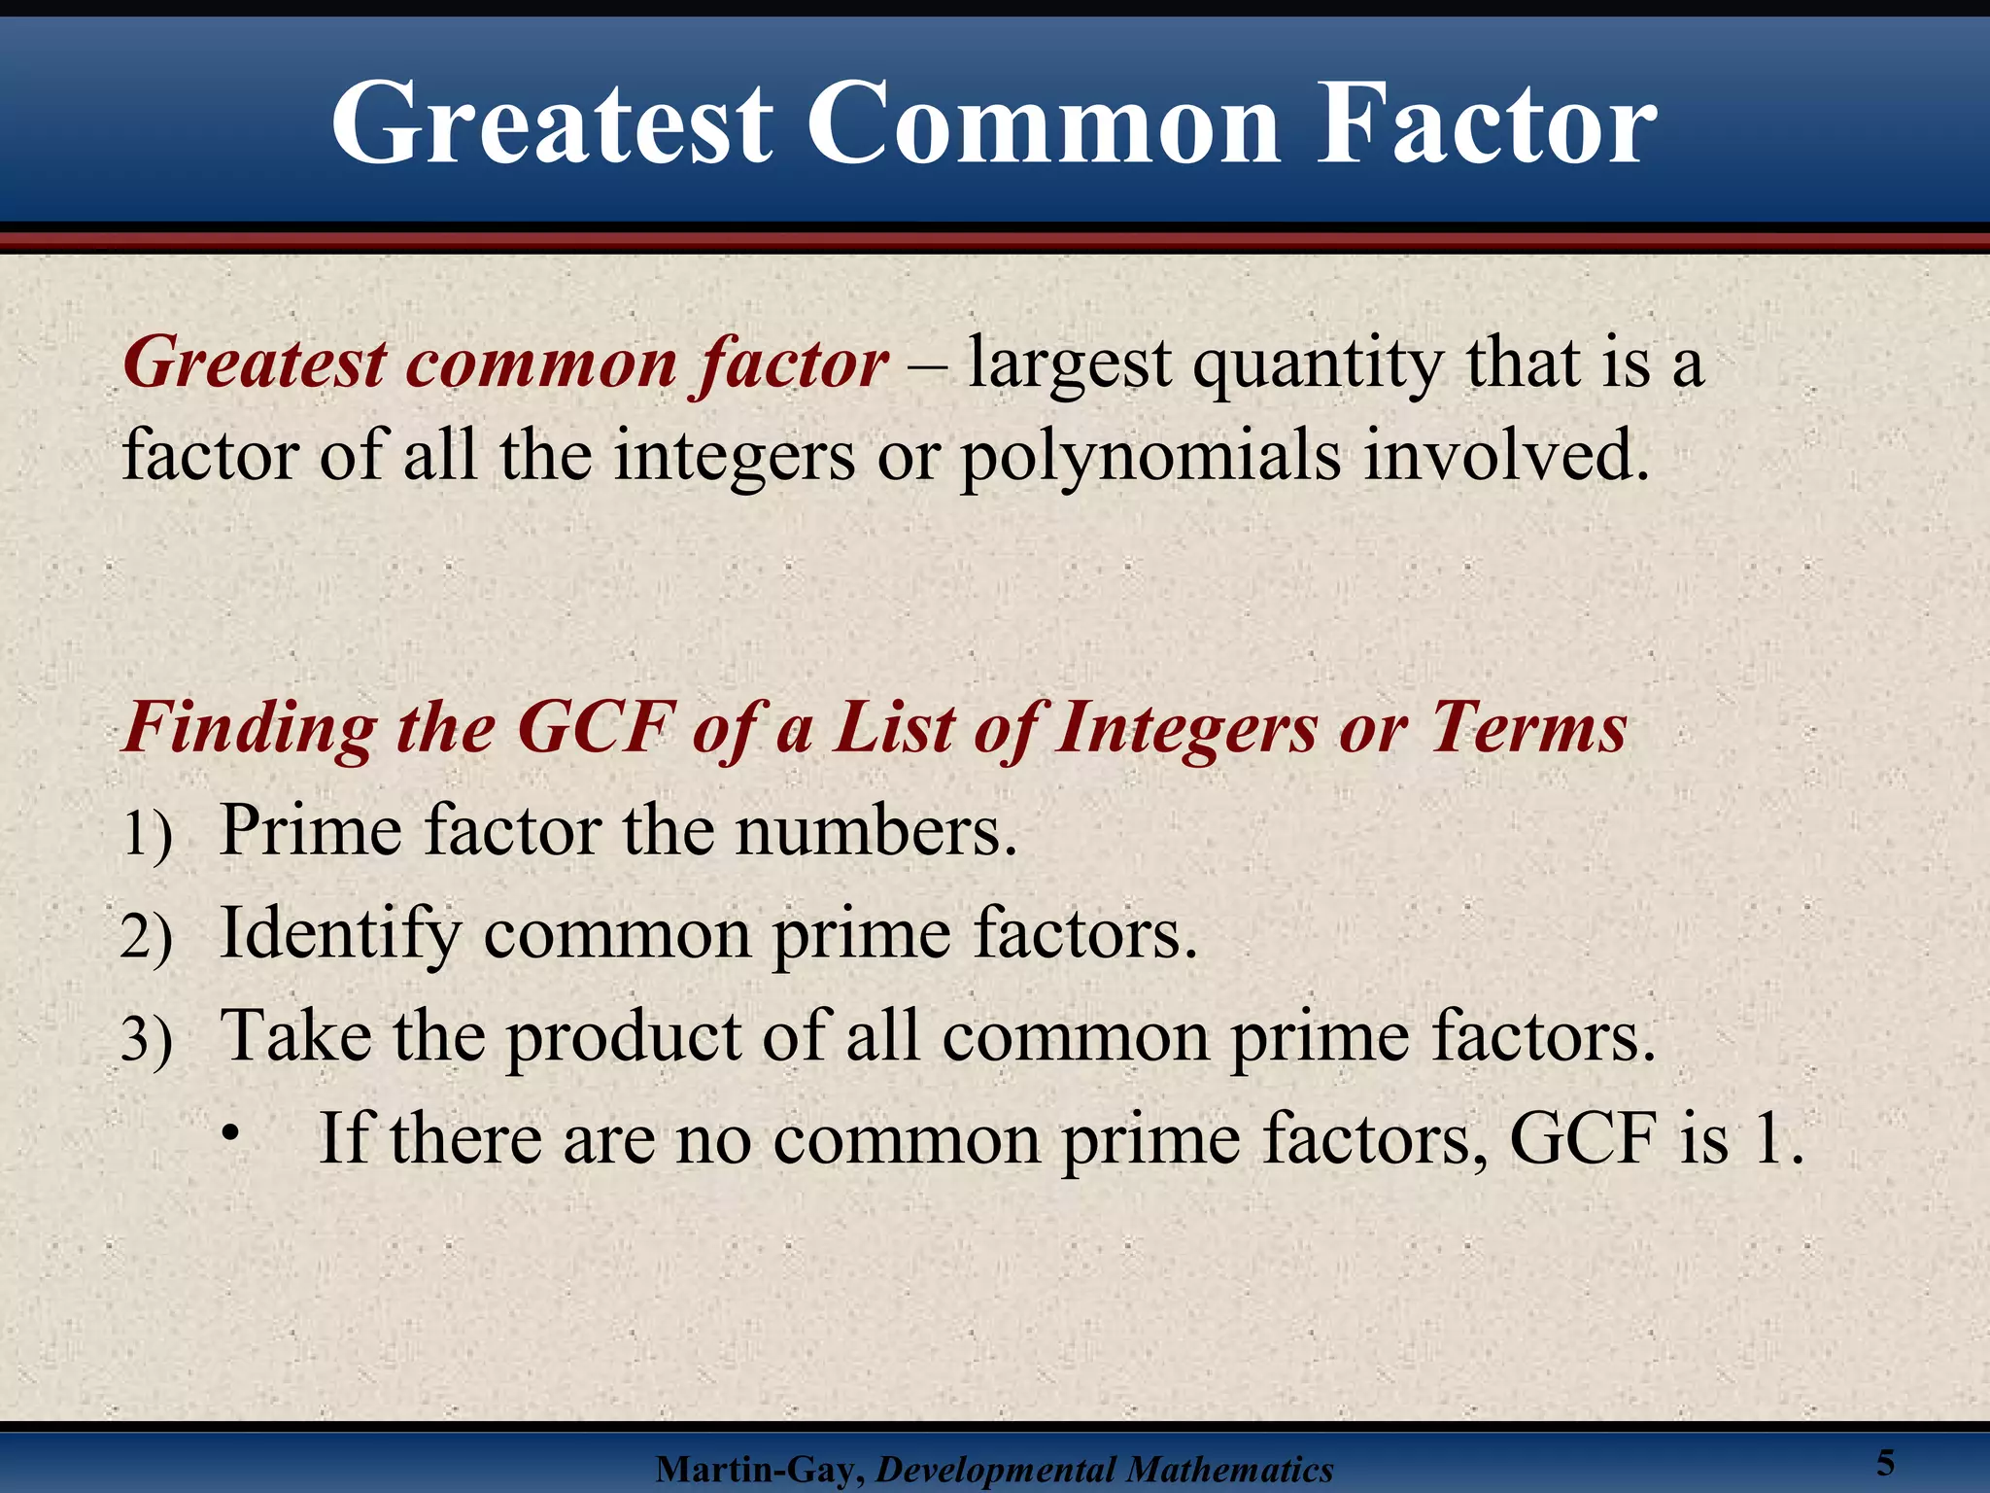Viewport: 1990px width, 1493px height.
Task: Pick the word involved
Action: [1507, 455]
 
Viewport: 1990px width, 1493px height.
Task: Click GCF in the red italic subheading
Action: [596, 727]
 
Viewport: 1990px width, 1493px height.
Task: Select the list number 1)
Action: [148, 834]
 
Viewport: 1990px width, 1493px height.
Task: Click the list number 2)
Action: [147, 937]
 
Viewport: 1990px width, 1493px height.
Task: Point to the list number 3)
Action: [147, 1039]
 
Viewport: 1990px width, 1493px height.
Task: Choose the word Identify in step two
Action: [340, 935]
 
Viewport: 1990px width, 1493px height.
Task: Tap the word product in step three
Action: [622, 1037]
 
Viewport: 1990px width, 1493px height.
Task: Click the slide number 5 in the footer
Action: [1886, 1462]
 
